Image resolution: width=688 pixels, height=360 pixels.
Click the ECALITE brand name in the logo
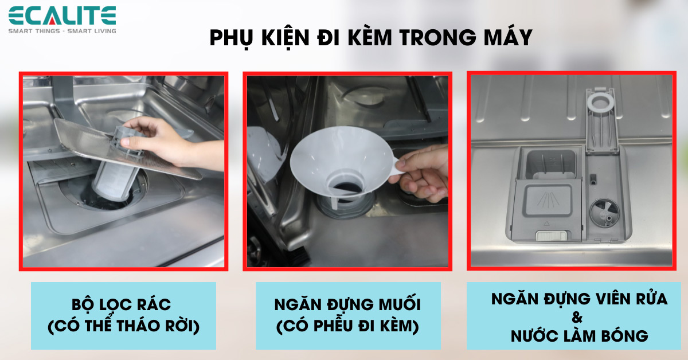point(62,15)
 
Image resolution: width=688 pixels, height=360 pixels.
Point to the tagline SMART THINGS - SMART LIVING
point(62,30)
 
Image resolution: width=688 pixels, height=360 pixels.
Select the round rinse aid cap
point(603,213)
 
